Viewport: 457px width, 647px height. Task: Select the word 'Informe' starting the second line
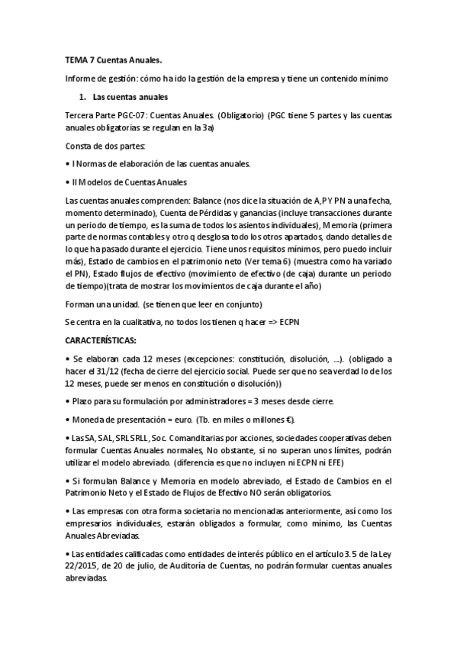(82, 79)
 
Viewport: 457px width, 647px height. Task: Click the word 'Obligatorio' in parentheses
(240, 116)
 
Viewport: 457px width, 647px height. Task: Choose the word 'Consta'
(80, 146)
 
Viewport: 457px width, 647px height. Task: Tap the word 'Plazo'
(84, 401)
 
